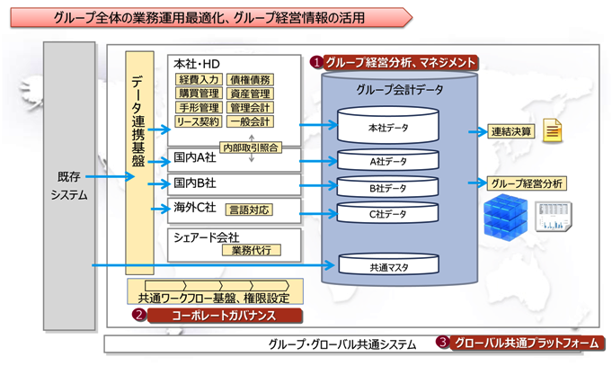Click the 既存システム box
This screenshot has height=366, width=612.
[x=69, y=184]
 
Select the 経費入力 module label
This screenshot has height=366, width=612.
[x=196, y=80]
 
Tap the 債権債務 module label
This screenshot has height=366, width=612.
[x=250, y=80]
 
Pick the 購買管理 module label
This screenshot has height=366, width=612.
[x=196, y=94]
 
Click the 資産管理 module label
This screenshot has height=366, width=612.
[x=250, y=94]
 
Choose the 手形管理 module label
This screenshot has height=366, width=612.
[x=196, y=107]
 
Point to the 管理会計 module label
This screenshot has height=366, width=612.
[x=250, y=107]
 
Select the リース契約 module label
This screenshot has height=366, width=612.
[x=196, y=121]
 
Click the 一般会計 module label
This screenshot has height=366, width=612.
[x=250, y=121]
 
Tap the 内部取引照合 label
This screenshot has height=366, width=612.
[x=250, y=147]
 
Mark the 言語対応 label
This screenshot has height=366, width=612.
[x=249, y=210]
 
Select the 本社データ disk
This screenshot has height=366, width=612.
[x=388, y=128]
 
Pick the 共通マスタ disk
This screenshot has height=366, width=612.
[x=388, y=266]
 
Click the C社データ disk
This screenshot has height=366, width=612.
[x=388, y=214]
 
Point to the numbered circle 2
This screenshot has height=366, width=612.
[x=139, y=316]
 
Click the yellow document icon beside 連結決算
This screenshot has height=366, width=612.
[x=553, y=131]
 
